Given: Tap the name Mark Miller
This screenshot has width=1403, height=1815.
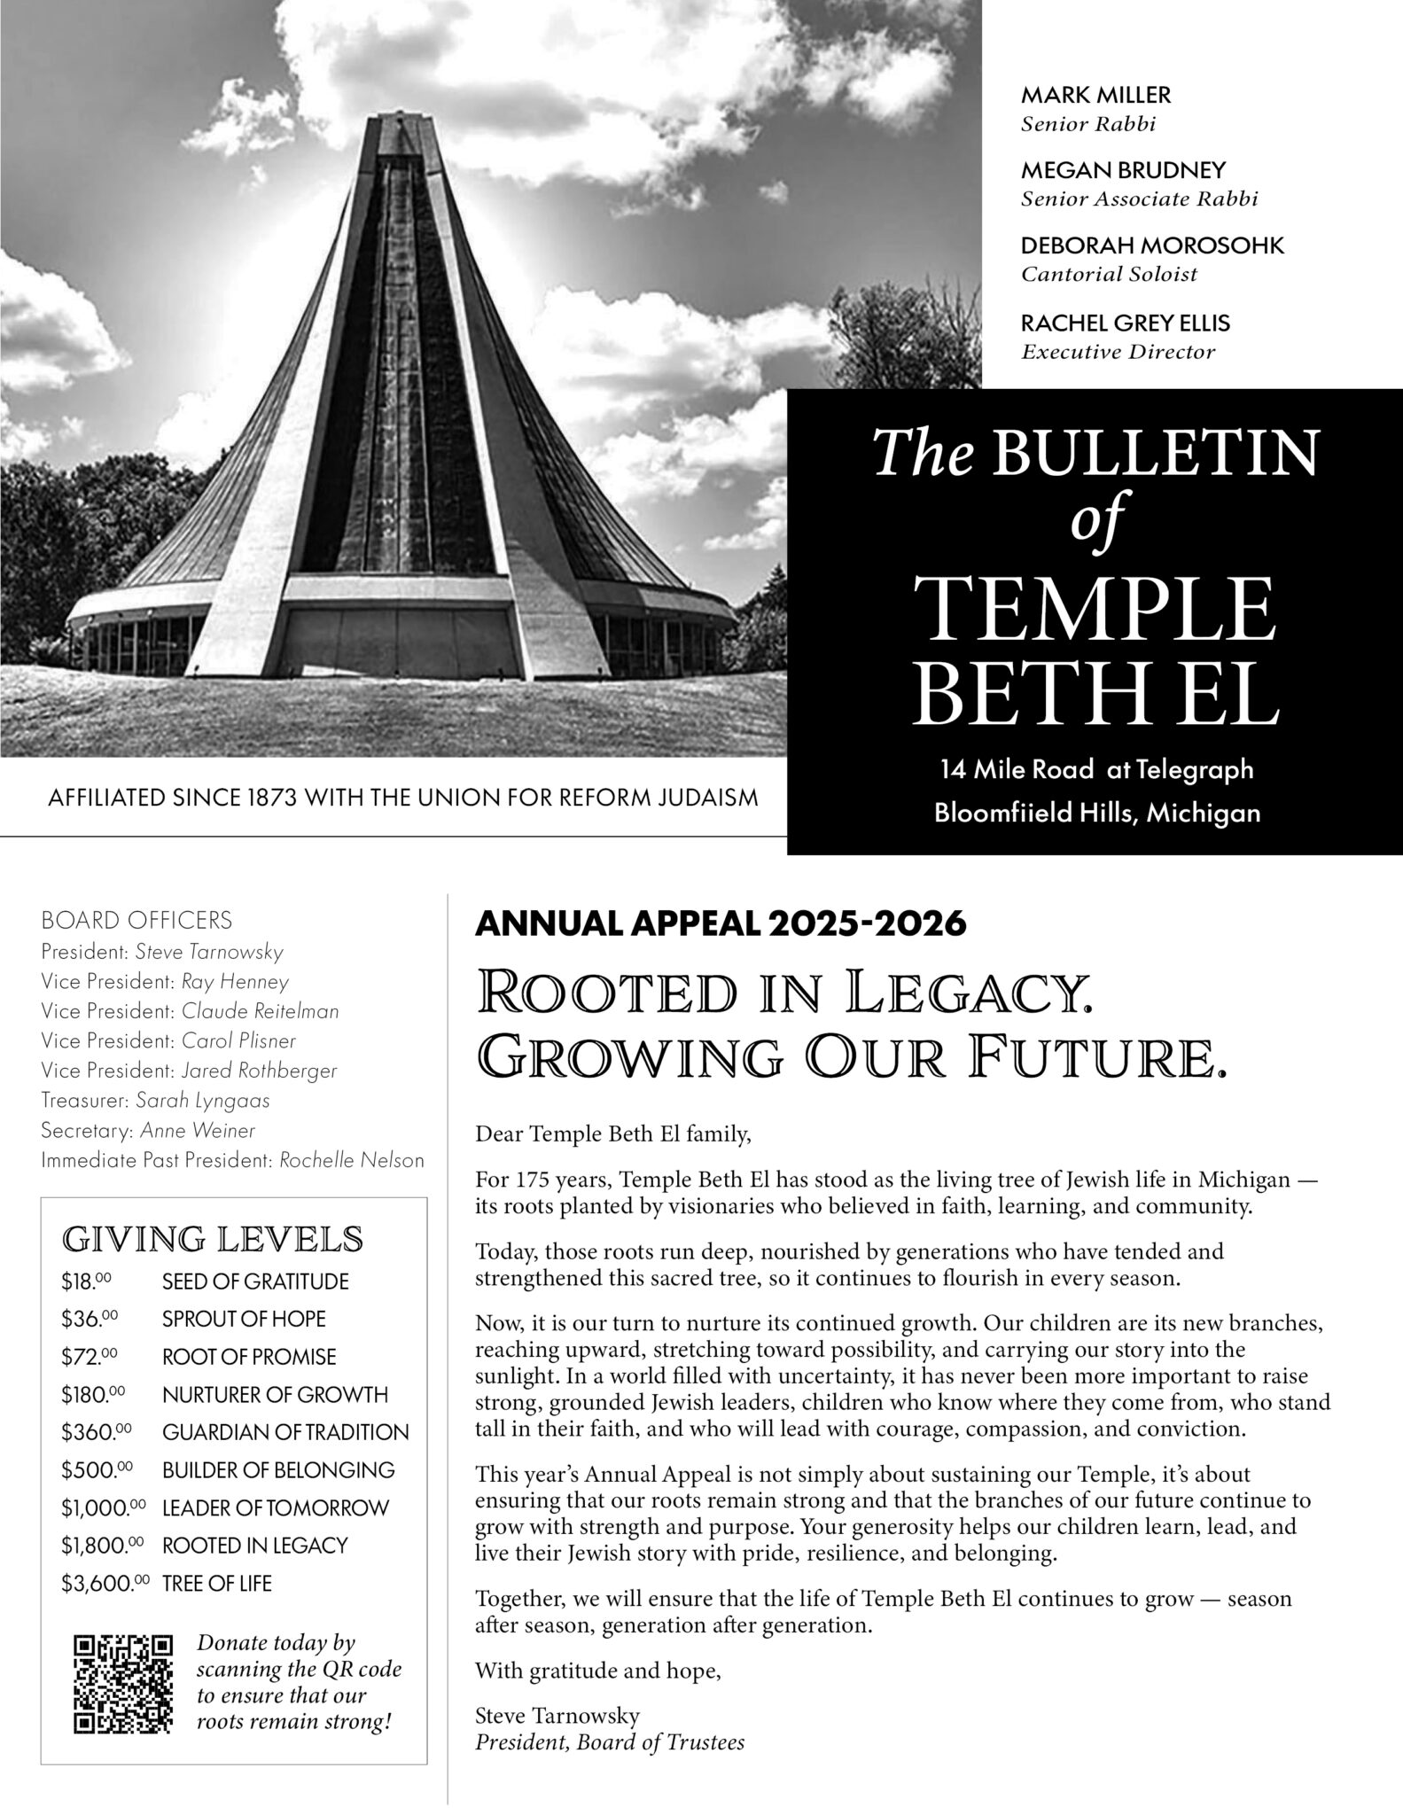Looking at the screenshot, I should (x=1095, y=95).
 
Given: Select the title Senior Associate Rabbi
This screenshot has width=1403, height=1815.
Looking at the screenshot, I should (x=1139, y=199).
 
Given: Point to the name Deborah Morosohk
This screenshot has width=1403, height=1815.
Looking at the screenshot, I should (x=1152, y=245).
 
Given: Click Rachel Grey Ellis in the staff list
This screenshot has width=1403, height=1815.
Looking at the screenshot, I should (x=1126, y=323).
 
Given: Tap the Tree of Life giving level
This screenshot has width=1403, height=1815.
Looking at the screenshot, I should (x=217, y=1584).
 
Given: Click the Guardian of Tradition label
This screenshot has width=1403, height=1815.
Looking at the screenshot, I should (x=285, y=1432).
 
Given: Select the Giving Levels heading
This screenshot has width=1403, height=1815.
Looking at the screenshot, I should (x=213, y=1239).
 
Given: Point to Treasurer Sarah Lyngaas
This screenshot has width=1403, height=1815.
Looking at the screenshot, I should (x=156, y=1101).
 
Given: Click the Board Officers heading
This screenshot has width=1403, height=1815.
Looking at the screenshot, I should (x=136, y=921).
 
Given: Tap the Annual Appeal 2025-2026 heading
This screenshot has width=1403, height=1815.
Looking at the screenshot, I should (x=720, y=924).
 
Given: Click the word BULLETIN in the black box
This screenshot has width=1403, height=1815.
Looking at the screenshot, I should (x=1155, y=453).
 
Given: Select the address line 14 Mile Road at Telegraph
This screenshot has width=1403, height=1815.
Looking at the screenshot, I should (x=1097, y=769).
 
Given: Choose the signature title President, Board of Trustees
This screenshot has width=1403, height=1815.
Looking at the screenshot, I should (x=610, y=1742).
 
